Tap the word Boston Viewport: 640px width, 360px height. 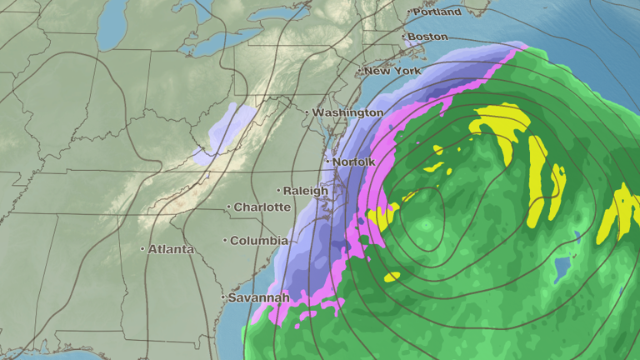pyautogui.click(x=428, y=37)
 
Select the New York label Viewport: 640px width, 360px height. pyautogui.click(x=393, y=71)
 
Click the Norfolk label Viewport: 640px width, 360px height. pyautogui.click(x=354, y=162)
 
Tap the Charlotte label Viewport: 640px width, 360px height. pyautogui.click(x=262, y=207)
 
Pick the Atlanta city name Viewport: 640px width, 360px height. pyautogui.click(x=171, y=249)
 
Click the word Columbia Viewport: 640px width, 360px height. pyautogui.click(x=259, y=241)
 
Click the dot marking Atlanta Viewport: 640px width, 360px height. pyautogui.click(x=142, y=249)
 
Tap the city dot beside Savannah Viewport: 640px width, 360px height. pyautogui.click(x=224, y=297)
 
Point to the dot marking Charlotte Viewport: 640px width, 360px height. pyautogui.click(x=228, y=207)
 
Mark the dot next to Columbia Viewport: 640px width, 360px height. pyautogui.click(x=225, y=241)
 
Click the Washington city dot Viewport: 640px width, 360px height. pyautogui.click(x=307, y=112)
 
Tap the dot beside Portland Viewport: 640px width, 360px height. pyautogui.click(x=410, y=12)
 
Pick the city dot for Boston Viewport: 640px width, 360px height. pyautogui.click(x=403, y=37)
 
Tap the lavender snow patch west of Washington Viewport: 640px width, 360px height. pyautogui.click(x=223, y=133)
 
